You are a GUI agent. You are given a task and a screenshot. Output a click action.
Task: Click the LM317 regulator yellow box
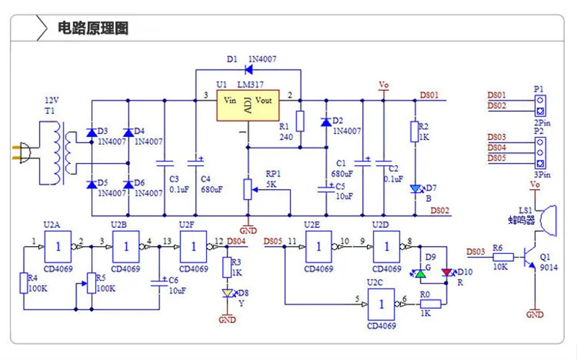(x=247, y=105)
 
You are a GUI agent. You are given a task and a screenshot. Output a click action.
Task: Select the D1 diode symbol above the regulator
(x=248, y=69)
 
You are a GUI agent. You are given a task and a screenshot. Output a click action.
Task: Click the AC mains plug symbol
(x=22, y=153)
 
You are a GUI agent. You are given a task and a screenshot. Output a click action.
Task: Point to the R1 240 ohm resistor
(x=300, y=121)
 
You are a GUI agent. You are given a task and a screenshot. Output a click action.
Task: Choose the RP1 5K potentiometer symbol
(x=248, y=190)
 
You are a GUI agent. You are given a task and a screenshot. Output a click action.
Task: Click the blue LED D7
(x=415, y=189)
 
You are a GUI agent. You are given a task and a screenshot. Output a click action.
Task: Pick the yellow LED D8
(x=228, y=293)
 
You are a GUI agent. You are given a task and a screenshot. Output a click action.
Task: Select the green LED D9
(x=420, y=273)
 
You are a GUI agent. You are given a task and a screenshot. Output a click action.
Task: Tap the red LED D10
(x=446, y=273)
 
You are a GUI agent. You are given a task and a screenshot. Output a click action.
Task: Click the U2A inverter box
(x=58, y=247)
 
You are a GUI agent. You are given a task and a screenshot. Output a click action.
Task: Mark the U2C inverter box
(x=382, y=304)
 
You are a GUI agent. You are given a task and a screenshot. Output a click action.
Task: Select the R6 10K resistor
(x=503, y=258)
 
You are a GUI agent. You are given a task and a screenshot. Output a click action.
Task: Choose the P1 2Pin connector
(x=540, y=105)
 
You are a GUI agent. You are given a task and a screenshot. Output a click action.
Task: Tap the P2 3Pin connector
(x=540, y=153)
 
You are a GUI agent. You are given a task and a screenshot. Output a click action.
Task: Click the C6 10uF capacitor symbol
(x=159, y=283)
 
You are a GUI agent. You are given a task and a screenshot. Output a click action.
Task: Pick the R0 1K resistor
(x=431, y=304)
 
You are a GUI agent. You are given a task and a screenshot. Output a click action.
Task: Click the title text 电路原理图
(x=93, y=28)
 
